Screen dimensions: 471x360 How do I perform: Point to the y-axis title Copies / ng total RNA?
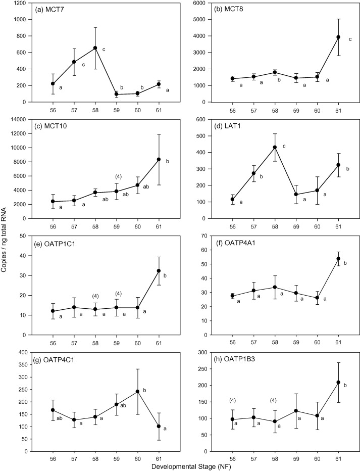click(x=5, y=236)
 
